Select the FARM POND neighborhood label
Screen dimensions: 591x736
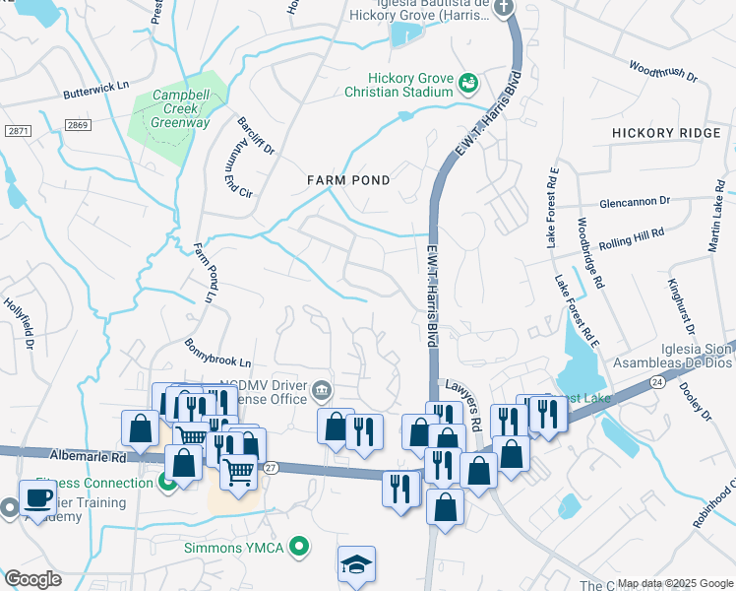(348, 180)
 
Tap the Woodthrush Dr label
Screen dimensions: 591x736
(662, 72)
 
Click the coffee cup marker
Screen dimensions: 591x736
(38, 497)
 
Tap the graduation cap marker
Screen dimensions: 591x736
(356, 563)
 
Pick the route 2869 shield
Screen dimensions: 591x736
(78, 124)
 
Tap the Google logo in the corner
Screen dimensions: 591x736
(32, 579)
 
